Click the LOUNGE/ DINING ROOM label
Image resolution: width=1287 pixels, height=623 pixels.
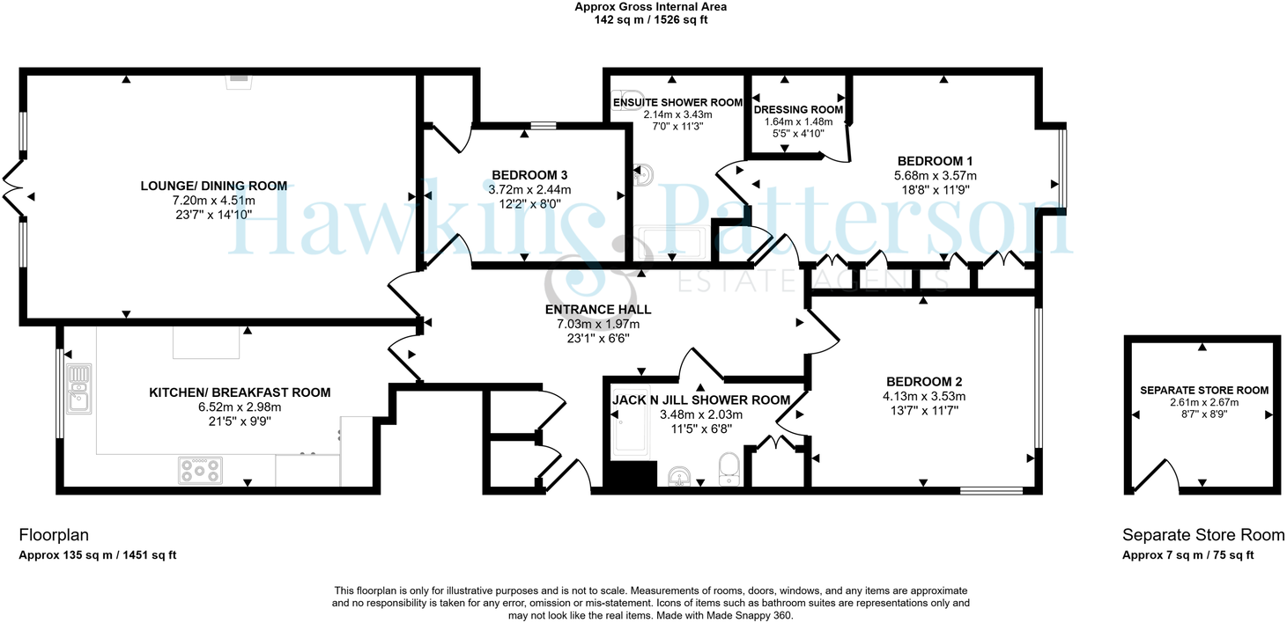tap(214, 186)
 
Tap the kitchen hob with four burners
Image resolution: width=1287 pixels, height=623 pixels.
tap(200, 470)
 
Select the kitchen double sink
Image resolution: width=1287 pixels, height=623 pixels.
tap(79, 388)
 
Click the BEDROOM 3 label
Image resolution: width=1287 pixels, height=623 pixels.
tap(529, 174)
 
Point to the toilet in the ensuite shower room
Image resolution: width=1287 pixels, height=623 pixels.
tap(629, 96)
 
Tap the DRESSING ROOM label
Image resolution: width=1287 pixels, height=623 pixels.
tap(798, 110)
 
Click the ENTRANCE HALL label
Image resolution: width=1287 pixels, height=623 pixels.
tap(598, 310)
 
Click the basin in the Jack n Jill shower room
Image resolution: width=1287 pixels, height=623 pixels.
tap(679, 476)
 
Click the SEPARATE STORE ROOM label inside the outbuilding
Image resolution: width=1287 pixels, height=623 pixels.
tap(1203, 390)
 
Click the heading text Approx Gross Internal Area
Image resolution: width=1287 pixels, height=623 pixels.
tap(650, 7)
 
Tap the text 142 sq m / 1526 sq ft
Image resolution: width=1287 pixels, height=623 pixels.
tap(650, 20)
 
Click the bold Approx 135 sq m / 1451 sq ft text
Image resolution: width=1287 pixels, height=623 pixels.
tap(98, 555)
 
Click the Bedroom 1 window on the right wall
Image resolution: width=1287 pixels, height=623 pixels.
tap(1062, 167)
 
